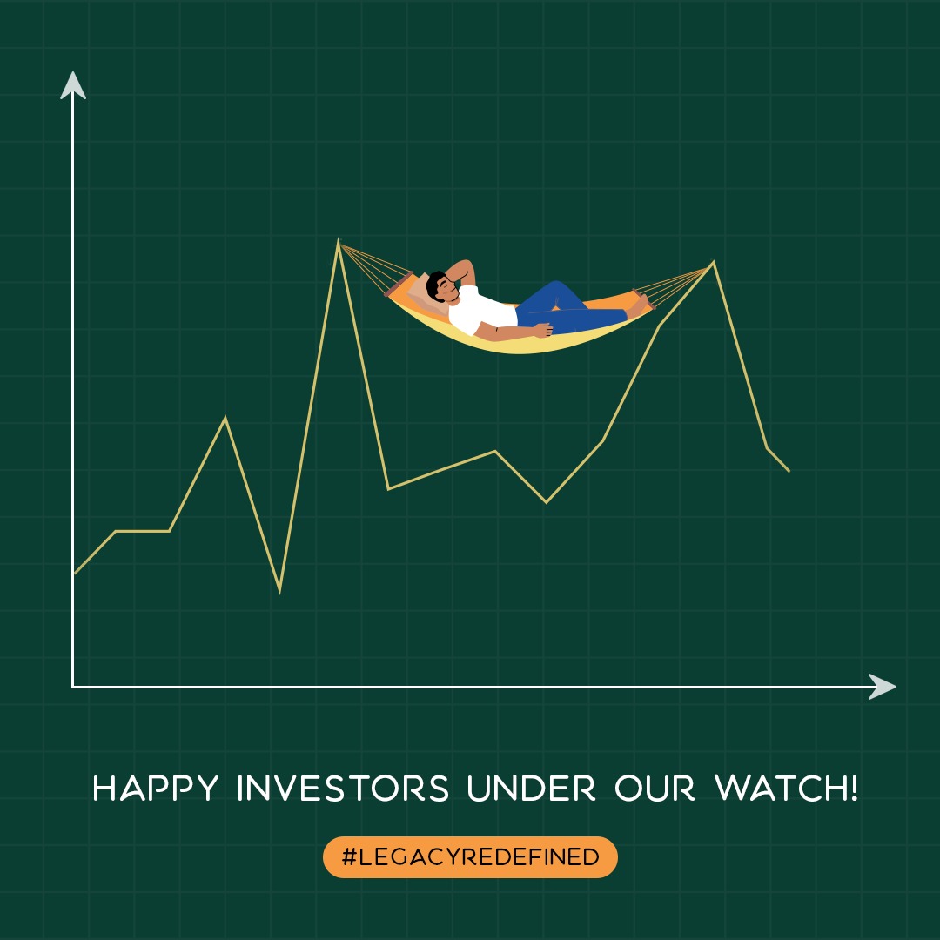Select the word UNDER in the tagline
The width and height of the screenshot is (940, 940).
click(531, 789)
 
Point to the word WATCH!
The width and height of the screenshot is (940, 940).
click(786, 789)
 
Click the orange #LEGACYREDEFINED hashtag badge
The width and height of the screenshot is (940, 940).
click(470, 857)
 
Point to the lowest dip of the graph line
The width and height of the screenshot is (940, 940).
click(279, 590)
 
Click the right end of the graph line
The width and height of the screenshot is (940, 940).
click(789, 471)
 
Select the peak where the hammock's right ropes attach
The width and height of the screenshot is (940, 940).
click(714, 262)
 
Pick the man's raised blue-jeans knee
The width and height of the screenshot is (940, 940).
click(557, 287)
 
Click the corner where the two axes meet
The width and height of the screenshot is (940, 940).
click(73, 687)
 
